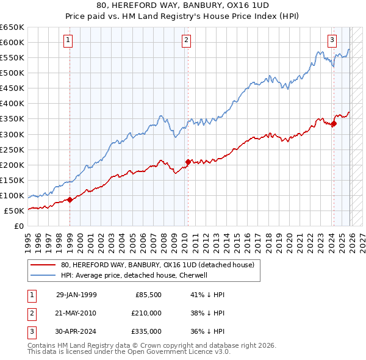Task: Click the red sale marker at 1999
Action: coord(70,199)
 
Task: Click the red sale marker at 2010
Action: coord(187,162)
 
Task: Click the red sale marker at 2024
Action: coord(334,124)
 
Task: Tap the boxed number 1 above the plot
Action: coord(67,41)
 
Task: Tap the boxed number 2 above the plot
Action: coord(185,41)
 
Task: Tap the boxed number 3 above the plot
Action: coord(332,41)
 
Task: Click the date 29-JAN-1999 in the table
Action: coord(76,295)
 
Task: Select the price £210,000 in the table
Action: coord(146,313)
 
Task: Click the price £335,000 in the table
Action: coord(146,331)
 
